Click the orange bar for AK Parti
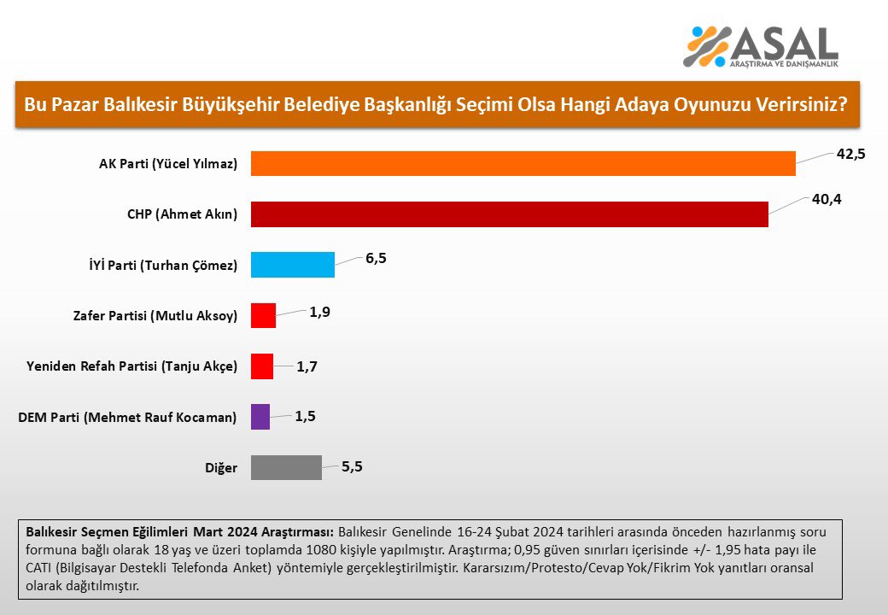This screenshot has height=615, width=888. pyautogui.click(x=523, y=163)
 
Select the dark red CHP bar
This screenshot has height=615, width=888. pyautogui.click(x=510, y=214)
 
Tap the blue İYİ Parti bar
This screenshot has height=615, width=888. pyautogui.click(x=293, y=265)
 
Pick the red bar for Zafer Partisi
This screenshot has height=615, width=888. pyautogui.click(x=263, y=315)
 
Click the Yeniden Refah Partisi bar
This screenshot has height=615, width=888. pyautogui.click(x=262, y=366)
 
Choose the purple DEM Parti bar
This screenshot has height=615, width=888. pyautogui.click(x=260, y=417)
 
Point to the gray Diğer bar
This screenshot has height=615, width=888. pyautogui.click(x=287, y=467)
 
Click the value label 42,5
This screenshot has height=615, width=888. pyautogui.click(x=850, y=154)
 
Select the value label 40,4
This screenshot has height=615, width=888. pyautogui.click(x=827, y=199)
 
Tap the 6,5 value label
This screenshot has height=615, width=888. pyautogui.click(x=376, y=258)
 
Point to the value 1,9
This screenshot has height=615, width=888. pyautogui.click(x=320, y=312)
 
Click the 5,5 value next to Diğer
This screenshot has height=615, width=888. pyautogui.click(x=352, y=466)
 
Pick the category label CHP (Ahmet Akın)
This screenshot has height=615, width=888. pyautogui.click(x=183, y=214)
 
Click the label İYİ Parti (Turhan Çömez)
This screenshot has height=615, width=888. pyautogui.click(x=163, y=265)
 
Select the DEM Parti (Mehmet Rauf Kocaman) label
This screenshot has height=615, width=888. pyautogui.click(x=127, y=418)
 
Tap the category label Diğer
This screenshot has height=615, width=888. pyautogui.click(x=221, y=468)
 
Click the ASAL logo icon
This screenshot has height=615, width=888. pyautogui.click(x=707, y=46)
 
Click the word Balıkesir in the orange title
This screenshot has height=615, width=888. pyautogui.click(x=141, y=105)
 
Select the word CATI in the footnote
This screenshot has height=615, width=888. pyautogui.click(x=38, y=567)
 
